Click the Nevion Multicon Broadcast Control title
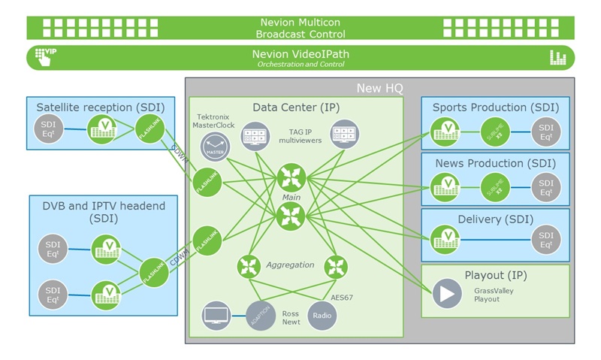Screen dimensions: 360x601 coord(300,28)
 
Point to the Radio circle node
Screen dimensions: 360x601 coord(322,315)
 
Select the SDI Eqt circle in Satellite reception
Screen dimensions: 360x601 coord(49,129)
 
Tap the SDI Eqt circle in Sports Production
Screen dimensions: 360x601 coord(546,134)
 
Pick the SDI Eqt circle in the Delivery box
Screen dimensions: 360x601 coord(546,241)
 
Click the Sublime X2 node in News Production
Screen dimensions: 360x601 coord(497,186)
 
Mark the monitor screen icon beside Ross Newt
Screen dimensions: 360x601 coord(216,316)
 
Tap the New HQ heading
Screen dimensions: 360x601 coord(379,88)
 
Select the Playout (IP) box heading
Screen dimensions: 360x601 coord(494,274)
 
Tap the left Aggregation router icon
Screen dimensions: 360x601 coord(248,266)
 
